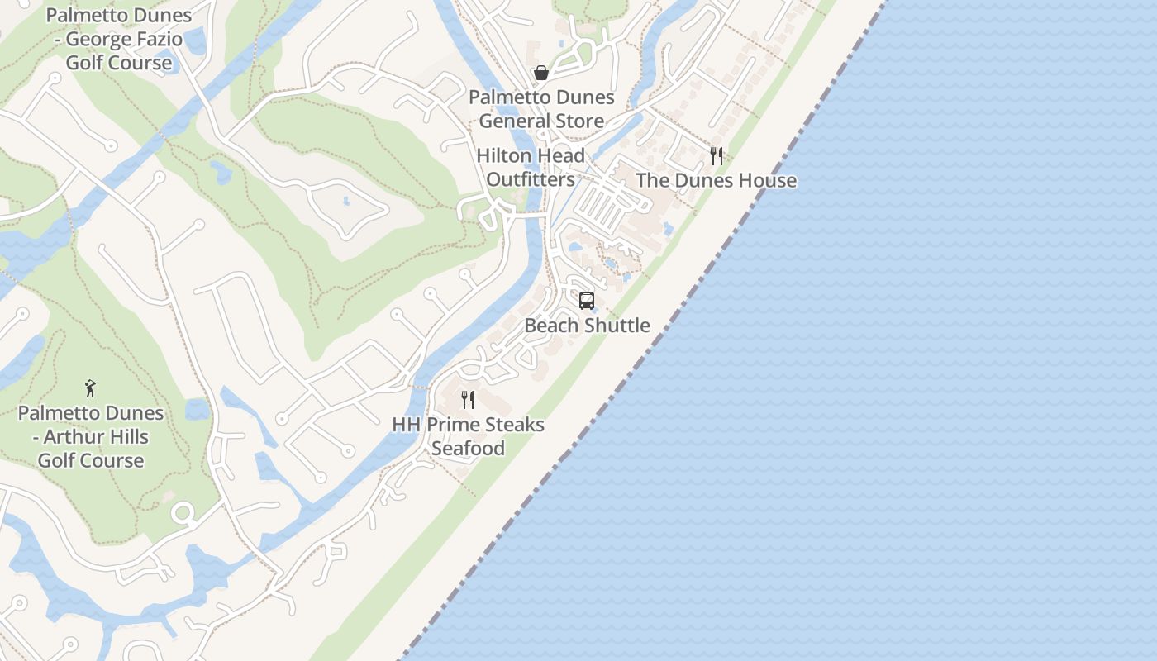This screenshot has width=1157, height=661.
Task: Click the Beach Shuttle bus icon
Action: tap(587, 301)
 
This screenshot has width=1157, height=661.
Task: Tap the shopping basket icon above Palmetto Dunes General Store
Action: tap(541, 73)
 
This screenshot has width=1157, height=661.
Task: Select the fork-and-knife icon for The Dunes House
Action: tap(717, 155)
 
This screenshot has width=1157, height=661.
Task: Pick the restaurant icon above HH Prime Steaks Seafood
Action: tap(468, 400)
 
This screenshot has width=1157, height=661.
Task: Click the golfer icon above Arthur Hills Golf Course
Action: tap(90, 388)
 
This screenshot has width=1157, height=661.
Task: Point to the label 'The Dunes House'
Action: tap(716, 180)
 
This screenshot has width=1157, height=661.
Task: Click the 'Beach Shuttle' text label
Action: tap(587, 325)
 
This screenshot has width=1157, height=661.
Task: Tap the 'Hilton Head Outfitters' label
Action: tap(531, 167)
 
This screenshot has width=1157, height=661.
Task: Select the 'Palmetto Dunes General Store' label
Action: tap(541, 109)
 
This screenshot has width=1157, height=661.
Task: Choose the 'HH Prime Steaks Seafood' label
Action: tap(468, 436)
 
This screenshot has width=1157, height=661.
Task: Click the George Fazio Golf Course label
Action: tap(119, 39)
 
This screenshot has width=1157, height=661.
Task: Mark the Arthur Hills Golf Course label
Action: tap(91, 436)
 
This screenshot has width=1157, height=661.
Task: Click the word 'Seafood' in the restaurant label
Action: tap(468, 449)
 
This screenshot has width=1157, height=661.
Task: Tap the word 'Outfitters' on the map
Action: tap(531, 179)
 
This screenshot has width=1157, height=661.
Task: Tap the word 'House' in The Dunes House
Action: tap(768, 180)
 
